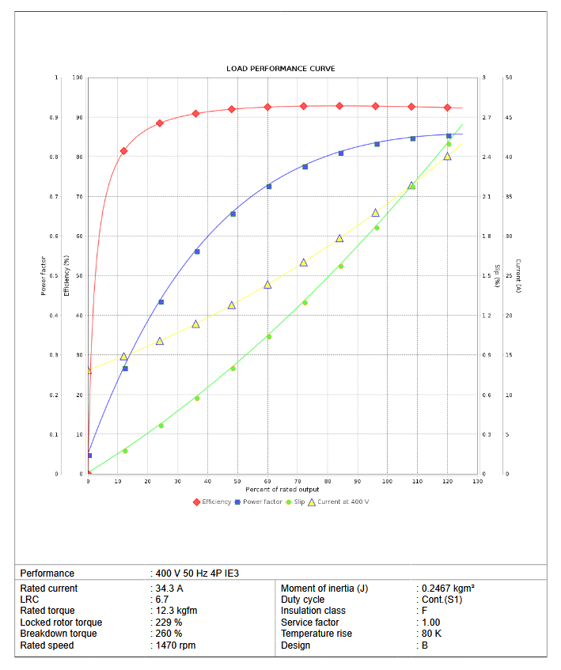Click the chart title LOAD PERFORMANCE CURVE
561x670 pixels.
(280, 69)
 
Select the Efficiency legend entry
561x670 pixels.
(213, 502)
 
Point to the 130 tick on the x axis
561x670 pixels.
(478, 481)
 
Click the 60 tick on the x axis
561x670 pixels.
(268, 481)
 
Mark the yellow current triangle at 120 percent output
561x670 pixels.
(448, 156)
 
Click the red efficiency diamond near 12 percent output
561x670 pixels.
(123, 150)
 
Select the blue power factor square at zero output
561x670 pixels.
(89, 455)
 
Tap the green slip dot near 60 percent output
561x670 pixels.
(269, 336)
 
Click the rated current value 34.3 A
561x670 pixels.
(169, 589)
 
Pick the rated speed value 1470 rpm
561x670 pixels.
(176, 645)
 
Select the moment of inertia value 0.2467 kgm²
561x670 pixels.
(448, 589)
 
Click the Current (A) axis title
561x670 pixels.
(517, 275)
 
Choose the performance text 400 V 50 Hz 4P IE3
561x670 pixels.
(197, 573)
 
